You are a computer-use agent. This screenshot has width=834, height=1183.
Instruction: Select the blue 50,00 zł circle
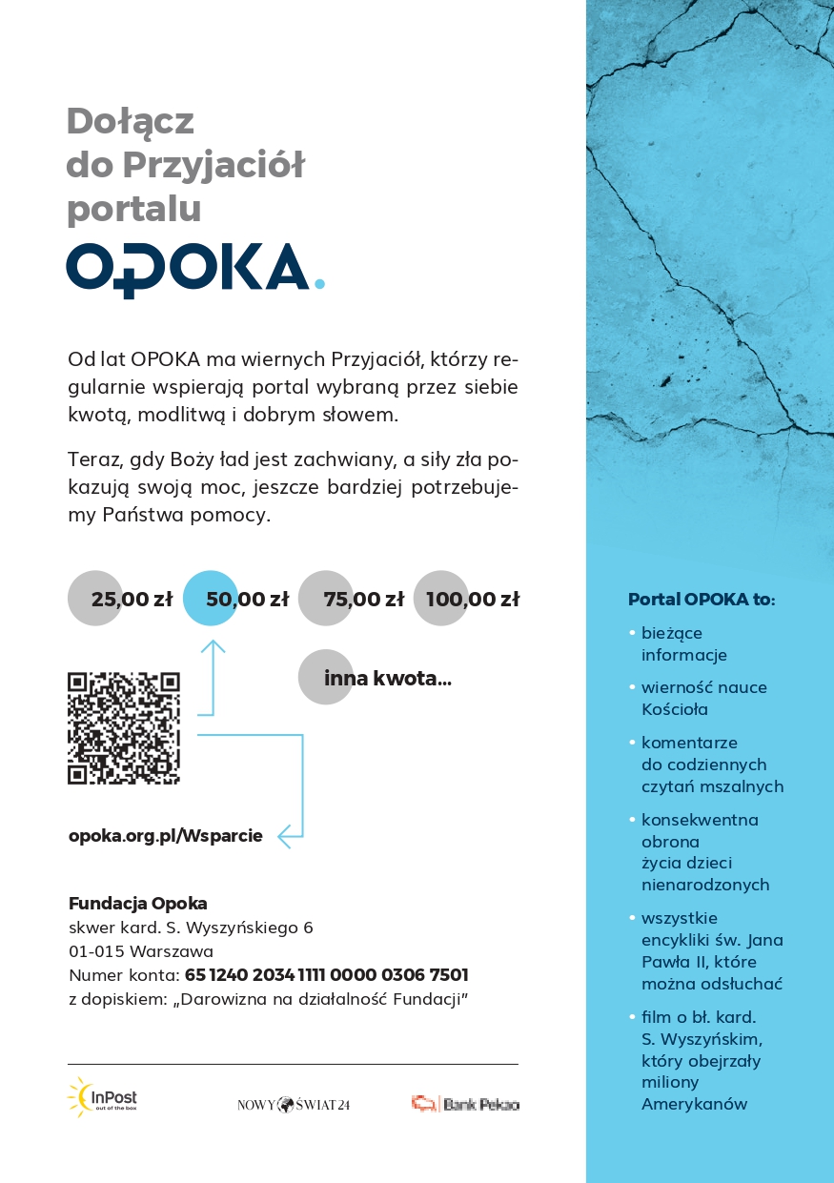pyautogui.click(x=211, y=599)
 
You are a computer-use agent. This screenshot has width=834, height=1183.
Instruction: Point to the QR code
pyautogui.click(x=124, y=728)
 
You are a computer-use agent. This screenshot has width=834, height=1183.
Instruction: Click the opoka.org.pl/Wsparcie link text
pyautogui.click(x=166, y=836)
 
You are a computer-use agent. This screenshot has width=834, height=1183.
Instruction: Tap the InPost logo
pyautogui.click(x=103, y=1097)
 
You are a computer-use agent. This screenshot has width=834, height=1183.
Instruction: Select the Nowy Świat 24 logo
pyautogui.click(x=294, y=1105)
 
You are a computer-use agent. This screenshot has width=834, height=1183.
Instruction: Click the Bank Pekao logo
pyautogui.click(x=465, y=1104)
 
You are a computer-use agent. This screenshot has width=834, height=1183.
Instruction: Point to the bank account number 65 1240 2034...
pyautogui.click(x=326, y=975)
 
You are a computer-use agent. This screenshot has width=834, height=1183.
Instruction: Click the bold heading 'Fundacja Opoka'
pyautogui.click(x=138, y=903)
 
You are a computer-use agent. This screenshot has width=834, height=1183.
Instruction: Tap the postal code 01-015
pyautogui.click(x=97, y=951)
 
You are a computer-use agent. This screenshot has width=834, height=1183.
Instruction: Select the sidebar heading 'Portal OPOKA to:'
pyautogui.click(x=702, y=600)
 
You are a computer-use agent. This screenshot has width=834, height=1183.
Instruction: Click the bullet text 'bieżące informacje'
pyautogui.click(x=684, y=643)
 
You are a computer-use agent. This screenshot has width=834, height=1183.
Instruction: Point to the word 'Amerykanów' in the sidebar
pyautogui.click(x=694, y=1104)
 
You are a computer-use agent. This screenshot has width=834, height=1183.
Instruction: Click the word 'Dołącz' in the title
pyautogui.click(x=131, y=121)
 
